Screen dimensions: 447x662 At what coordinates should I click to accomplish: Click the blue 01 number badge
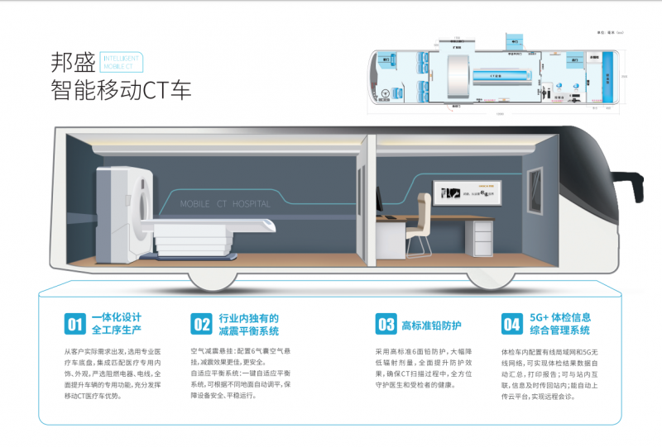point(74,323)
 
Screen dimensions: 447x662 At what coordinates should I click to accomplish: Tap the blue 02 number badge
point(201,323)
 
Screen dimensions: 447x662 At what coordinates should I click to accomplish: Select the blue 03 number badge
point(386,323)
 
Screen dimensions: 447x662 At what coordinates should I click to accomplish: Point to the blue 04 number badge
point(511,323)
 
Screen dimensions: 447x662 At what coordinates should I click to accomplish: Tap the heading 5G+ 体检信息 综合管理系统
point(559,323)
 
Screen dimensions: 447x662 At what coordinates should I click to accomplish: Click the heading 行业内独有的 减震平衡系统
point(248,323)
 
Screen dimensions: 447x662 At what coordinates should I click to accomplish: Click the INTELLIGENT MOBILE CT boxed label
point(121,63)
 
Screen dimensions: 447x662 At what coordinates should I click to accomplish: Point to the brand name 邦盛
point(72,63)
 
